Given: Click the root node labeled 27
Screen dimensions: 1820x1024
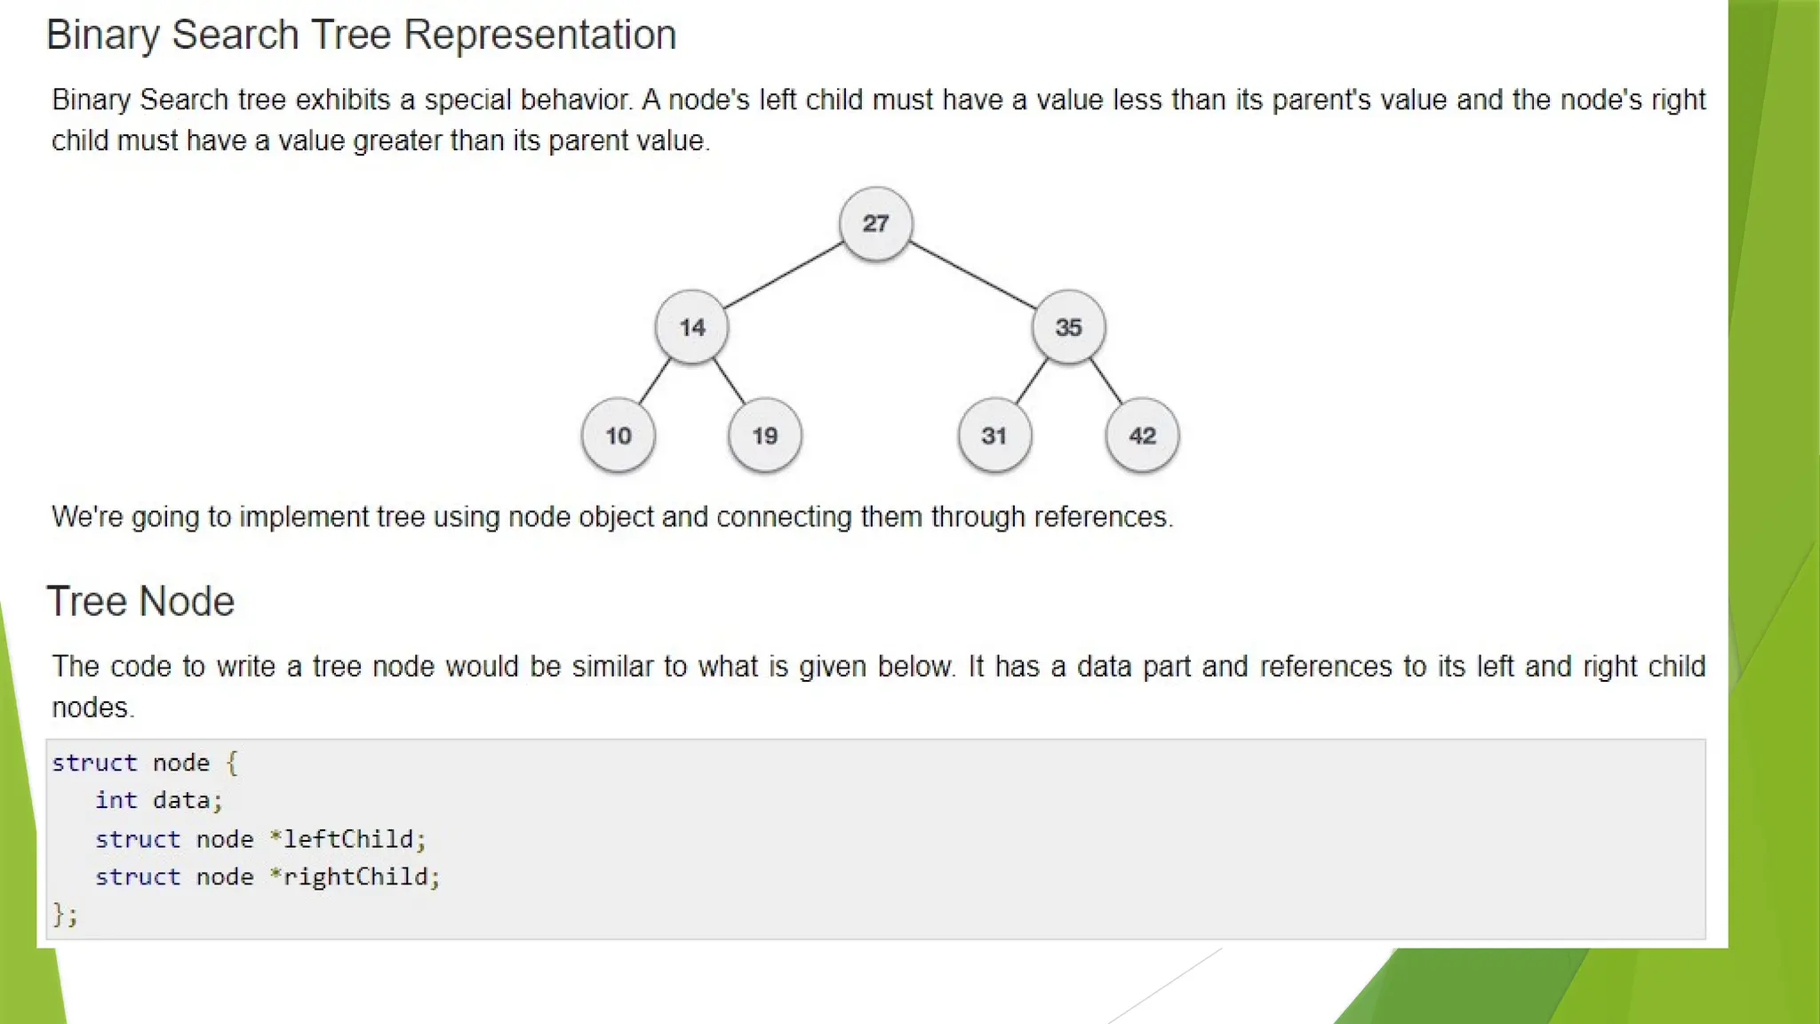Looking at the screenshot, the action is click(875, 223).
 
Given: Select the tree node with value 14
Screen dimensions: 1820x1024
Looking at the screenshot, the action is click(691, 327).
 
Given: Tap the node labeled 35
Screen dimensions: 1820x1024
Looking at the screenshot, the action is click(1068, 327).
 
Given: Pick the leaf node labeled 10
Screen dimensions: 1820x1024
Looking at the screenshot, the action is click(619, 436).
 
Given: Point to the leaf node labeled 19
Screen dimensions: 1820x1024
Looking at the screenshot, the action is click(764, 436).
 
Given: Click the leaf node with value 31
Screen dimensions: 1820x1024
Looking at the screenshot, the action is click(994, 436).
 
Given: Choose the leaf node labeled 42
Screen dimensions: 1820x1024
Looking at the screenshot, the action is click(1142, 436).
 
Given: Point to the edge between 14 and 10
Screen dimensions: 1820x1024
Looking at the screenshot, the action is click(654, 381).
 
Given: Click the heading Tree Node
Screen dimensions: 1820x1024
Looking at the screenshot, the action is click(140, 602).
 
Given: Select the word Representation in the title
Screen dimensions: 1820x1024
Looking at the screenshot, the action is click(539, 36).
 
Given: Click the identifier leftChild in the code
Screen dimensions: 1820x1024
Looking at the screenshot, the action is click(348, 839).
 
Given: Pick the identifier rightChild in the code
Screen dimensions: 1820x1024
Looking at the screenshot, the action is click(355, 876).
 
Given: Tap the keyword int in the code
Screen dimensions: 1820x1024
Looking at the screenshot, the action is click(116, 800).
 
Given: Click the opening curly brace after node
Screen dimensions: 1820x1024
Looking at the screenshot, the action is click(232, 763).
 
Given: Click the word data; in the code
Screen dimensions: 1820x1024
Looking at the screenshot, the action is click(187, 800).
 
